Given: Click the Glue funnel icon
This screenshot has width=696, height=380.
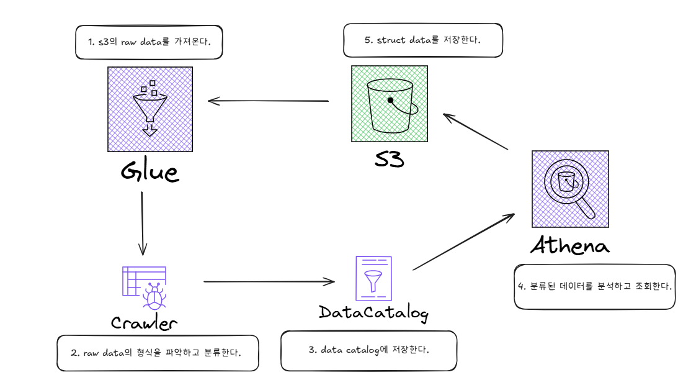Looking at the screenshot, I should [149, 109].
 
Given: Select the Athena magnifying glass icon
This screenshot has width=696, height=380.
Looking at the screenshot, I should [570, 189].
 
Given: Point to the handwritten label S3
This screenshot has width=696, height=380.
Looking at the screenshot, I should [389, 159].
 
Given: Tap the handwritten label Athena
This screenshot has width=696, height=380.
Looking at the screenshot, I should [570, 245].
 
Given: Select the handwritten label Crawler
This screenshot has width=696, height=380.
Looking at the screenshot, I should [145, 323].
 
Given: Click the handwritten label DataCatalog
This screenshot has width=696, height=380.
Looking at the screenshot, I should [373, 312].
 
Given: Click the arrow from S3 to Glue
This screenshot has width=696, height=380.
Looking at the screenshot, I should [268, 101].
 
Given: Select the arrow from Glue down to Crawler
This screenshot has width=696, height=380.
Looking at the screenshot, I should [143, 224].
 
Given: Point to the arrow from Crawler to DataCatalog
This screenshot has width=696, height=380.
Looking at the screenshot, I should [269, 282].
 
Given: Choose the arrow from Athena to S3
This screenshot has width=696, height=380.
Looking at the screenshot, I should [476, 131].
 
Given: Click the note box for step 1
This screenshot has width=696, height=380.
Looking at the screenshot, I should [149, 42].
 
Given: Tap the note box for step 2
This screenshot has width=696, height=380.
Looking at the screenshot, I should [157, 353].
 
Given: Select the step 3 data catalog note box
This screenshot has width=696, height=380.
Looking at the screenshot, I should [368, 350].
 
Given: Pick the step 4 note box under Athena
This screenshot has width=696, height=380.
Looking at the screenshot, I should [594, 286].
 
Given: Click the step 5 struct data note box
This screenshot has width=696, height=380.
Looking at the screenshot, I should [422, 40].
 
